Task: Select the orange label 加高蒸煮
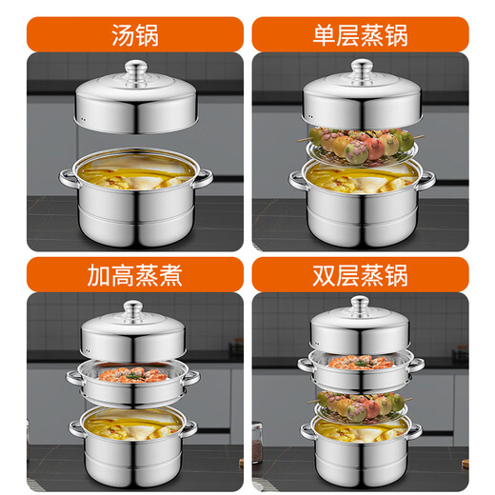click(x=134, y=276)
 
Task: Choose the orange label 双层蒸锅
click(x=360, y=276)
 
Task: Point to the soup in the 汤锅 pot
click(x=134, y=171)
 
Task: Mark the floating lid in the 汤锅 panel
click(x=134, y=105)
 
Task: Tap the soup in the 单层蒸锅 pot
click(x=360, y=177)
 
